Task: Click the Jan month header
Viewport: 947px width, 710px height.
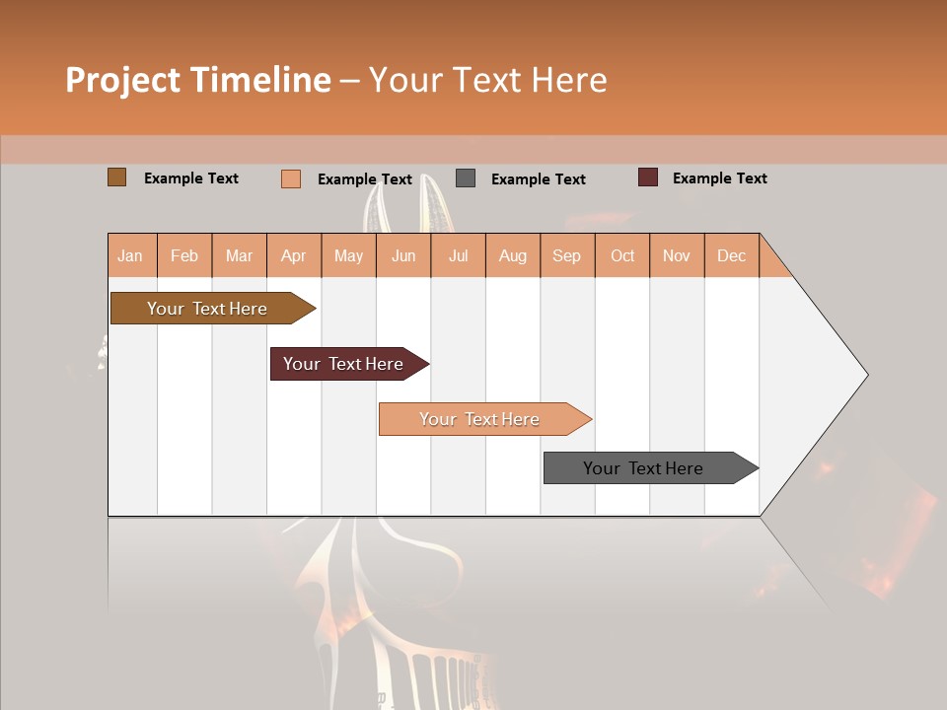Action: [x=130, y=255]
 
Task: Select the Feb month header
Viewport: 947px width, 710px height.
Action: [x=184, y=255]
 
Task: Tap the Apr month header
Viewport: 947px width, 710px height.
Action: [x=293, y=255]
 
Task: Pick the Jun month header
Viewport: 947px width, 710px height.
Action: [x=403, y=255]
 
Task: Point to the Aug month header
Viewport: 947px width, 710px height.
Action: [x=512, y=255]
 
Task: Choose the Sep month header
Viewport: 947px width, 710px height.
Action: [x=566, y=255]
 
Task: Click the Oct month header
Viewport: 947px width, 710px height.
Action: [x=622, y=255]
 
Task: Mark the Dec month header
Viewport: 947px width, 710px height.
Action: [x=731, y=255]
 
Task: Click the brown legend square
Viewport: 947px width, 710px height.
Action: [x=116, y=177]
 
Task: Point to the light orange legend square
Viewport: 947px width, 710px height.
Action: [x=291, y=178]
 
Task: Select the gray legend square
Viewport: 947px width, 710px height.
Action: [x=466, y=178]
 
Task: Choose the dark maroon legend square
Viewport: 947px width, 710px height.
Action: [x=647, y=177]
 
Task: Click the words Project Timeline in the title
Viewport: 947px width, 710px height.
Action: [x=197, y=80]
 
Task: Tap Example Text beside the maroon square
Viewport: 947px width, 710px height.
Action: [x=719, y=178]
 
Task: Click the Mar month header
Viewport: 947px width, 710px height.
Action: [x=239, y=255]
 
